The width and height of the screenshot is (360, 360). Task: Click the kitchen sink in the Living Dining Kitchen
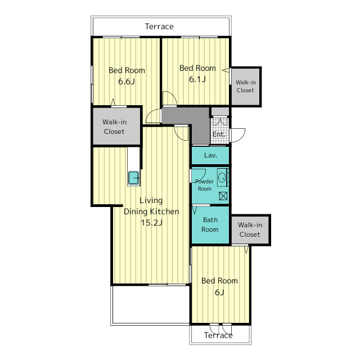pos(133,178)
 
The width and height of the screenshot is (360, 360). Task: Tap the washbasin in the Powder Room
pos(222,178)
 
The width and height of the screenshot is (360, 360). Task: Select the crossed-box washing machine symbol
pos(223,196)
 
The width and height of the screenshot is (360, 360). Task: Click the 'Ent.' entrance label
pos(219,134)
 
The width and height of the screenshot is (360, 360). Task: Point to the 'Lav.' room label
pos(210,155)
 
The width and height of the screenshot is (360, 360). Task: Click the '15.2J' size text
pos(151,223)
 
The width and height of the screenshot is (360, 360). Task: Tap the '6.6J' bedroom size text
pos(126,81)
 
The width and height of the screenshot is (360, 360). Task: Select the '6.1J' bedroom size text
pos(197,79)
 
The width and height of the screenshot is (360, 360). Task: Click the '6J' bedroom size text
pos(219,292)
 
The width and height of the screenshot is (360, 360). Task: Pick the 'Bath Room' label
pos(210,224)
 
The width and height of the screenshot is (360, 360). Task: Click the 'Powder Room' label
pos(204,185)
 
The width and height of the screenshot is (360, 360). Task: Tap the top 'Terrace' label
pos(159,26)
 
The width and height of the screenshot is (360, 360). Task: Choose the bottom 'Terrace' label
pos(218,335)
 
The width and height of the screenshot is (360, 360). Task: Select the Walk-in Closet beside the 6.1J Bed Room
pos(246,87)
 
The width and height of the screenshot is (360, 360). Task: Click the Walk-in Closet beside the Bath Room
pos(250,230)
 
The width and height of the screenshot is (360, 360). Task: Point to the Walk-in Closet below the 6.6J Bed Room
pos(116,126)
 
